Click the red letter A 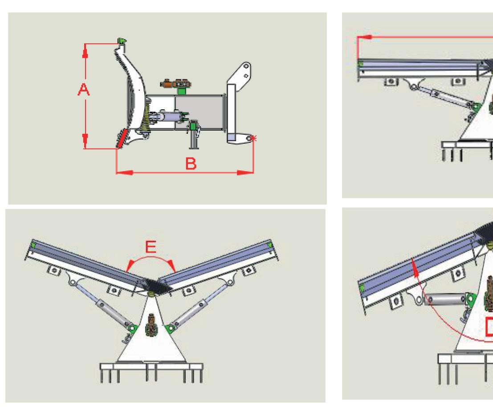coord(83,90)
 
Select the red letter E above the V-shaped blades coord(151,248)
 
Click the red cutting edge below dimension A coord(121,138)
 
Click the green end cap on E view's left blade coord(33,244)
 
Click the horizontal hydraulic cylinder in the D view coord(444,298)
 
